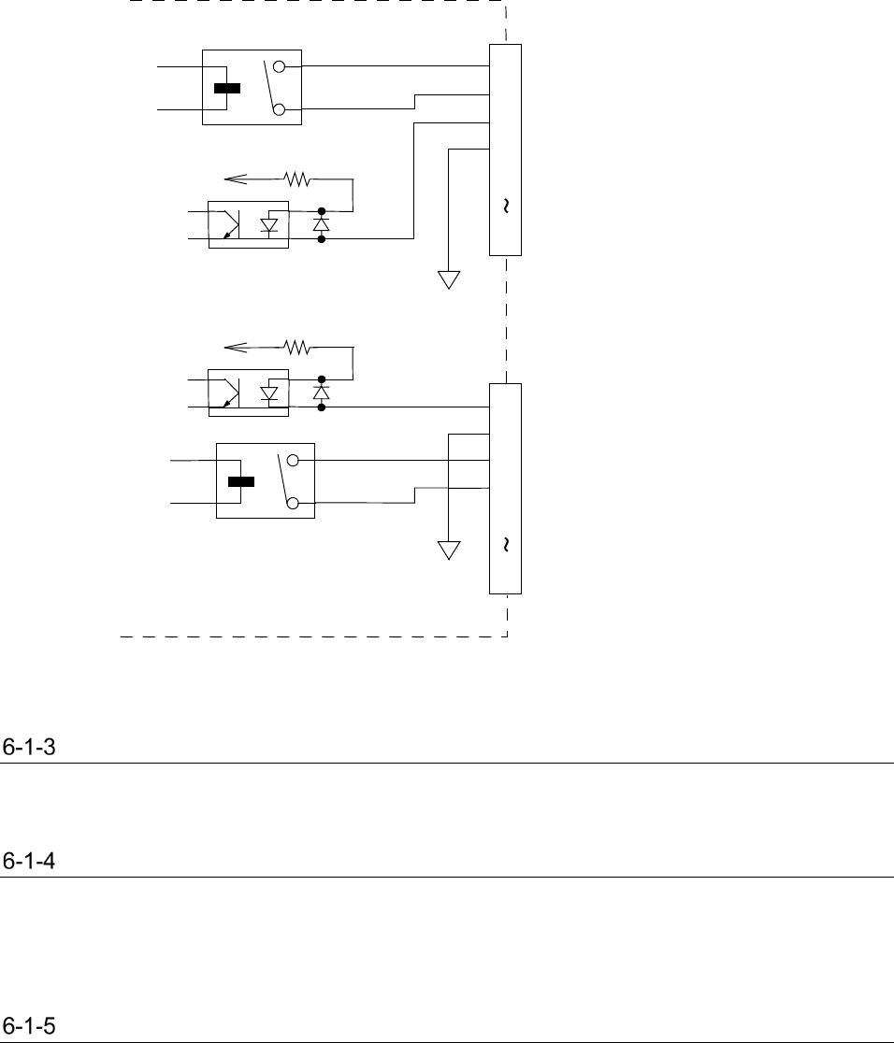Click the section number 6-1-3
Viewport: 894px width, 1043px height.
tap(29, 748)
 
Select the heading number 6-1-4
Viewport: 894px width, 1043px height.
tap(29, 862)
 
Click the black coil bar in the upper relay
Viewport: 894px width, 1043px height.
tap(226, 89)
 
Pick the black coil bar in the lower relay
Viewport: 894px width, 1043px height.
tap(241, 482)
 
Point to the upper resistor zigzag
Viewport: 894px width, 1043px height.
tap(297, 177)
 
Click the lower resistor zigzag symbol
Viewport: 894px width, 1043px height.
tap(297, 348)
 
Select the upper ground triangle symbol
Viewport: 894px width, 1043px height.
tap(450, 279)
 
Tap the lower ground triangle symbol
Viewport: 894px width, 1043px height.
tap(450, 550)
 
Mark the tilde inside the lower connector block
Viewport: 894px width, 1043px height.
tap(506, 544)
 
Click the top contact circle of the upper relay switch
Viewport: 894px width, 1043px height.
tap(279, 67)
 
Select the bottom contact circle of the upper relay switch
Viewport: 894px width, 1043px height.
tap(279, 110)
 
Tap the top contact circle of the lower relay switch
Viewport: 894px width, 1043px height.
tap(293, 461)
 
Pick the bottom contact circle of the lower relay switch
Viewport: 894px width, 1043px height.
tap(293, 504)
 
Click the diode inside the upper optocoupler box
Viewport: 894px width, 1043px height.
tap(271, 225)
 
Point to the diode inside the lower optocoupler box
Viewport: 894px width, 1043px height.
tap(271, 394)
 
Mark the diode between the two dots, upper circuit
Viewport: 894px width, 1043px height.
tap(322, 225)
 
